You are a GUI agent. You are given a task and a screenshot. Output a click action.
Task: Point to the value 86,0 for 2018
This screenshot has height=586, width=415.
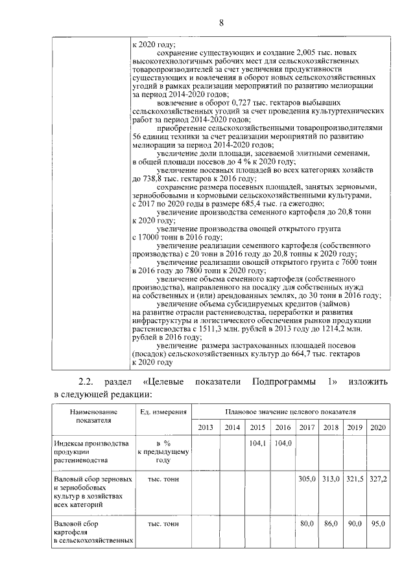pos(331,523)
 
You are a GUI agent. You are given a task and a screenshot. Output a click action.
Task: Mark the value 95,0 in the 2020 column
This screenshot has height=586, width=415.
pos(377,523)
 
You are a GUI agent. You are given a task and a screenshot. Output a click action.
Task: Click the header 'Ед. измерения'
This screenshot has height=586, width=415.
pos(163,411)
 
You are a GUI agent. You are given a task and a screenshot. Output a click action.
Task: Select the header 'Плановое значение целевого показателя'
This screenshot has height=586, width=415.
pos(290,411)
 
